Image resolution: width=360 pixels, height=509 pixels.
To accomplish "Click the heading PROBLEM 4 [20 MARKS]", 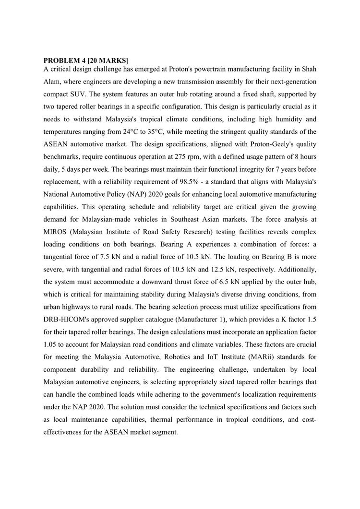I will click(x=86, y=60).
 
